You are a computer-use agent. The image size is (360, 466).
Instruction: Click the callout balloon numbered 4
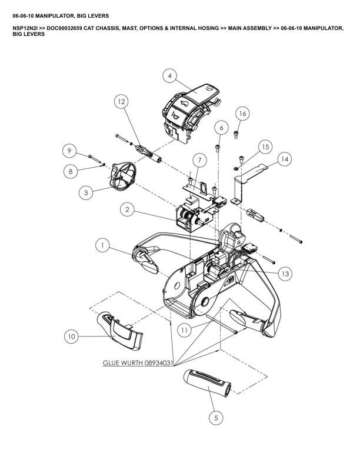[169, 76]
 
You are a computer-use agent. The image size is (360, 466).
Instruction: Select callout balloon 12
[121, 102]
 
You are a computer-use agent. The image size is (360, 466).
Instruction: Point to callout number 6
[221, 127]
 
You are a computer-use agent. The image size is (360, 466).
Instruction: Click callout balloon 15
[265, 146]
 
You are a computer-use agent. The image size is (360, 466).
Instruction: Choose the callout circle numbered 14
[285, 159]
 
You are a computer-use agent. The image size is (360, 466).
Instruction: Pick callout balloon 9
[70, 151]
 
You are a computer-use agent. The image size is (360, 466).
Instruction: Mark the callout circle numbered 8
[70, 171]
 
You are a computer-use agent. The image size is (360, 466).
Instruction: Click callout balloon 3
[86, 192]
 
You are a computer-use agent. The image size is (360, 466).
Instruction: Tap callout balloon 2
[128, 209]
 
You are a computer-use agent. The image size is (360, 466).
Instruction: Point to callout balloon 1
[104, 246]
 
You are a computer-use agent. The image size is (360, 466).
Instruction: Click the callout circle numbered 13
[285, 273]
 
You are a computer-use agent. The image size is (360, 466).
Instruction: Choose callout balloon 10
[72, 337]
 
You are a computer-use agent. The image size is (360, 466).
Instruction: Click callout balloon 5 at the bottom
[216, 418]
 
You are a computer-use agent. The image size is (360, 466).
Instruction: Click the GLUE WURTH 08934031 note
[138, 364]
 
